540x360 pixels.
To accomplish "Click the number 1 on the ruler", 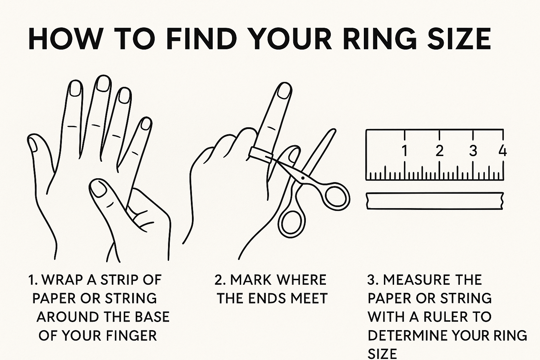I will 405,150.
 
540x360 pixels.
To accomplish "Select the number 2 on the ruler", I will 439,150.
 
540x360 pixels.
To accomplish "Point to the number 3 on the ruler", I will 473,150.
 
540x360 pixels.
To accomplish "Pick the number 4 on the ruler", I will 503,150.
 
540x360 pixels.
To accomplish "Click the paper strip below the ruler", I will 435,201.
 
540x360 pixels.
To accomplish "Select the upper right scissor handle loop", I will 337,197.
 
